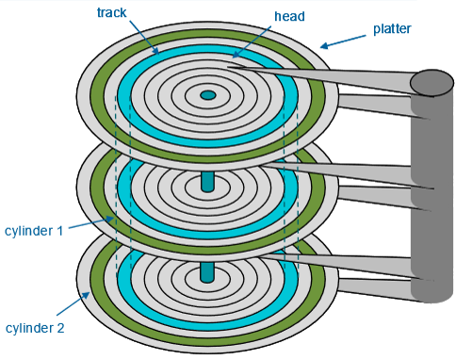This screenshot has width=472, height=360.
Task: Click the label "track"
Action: [111, 12]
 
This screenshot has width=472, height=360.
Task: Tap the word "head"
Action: [289, 16]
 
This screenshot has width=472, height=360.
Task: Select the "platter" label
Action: [392, 29]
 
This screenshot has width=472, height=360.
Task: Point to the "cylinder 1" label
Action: [34, 231]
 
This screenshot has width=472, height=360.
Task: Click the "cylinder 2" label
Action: [35, 328]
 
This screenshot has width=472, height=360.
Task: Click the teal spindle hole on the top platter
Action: [207, 95]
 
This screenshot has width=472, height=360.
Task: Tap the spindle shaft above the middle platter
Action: [207, 181]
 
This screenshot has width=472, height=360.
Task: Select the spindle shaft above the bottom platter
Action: [207, 272]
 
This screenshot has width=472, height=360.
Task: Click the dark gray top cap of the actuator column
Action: [431, 83]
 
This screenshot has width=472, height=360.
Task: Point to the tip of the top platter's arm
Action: [227, 67]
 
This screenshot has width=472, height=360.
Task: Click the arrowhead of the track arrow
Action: [156, 52]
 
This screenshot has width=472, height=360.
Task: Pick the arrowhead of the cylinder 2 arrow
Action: [87, 295]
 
